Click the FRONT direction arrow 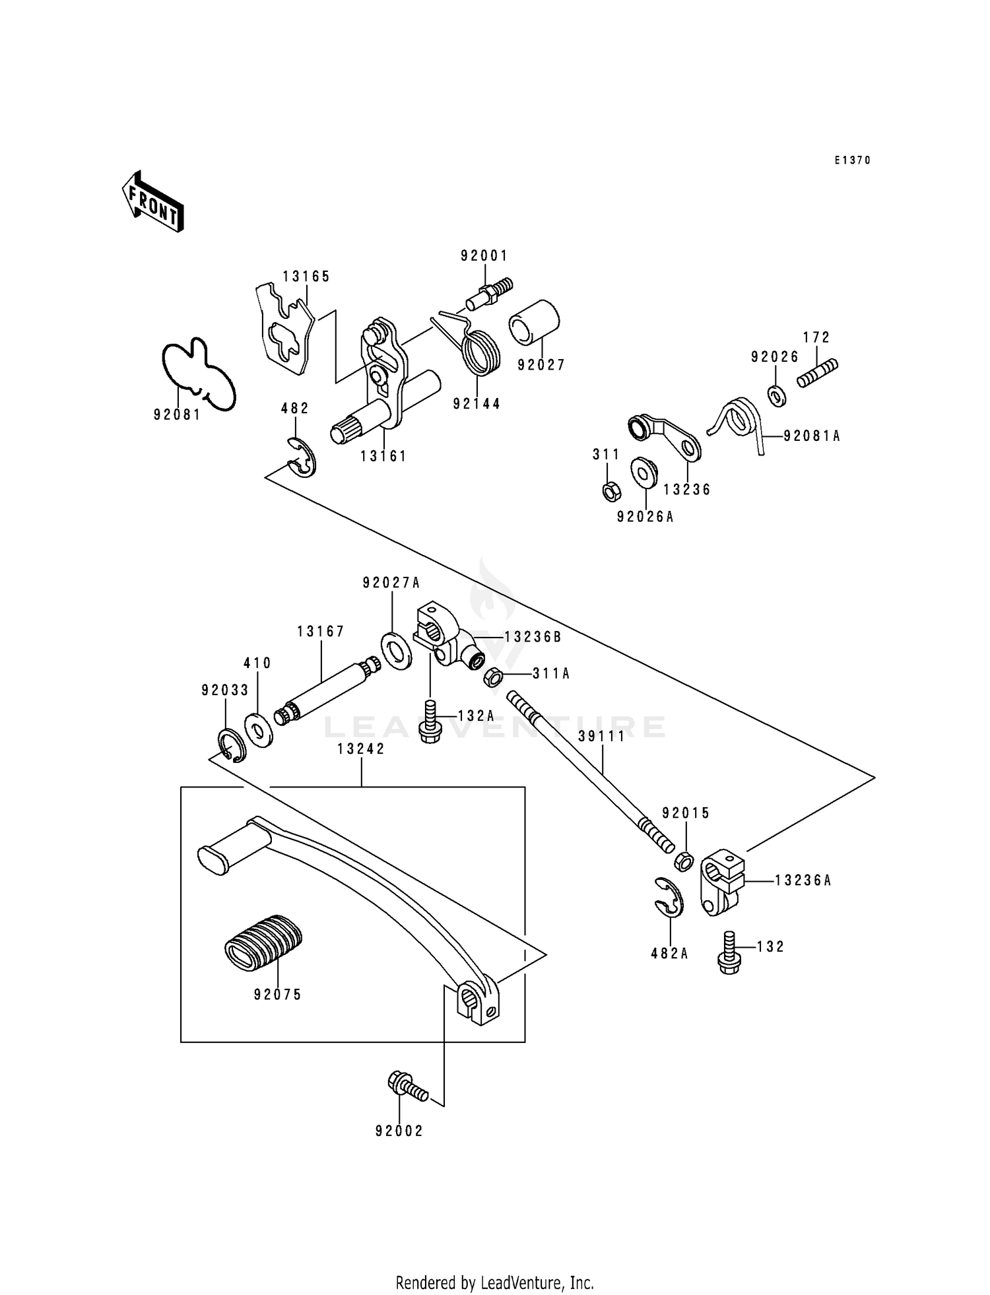pyautogui.click(x=152, y=201)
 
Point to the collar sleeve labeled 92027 pyautogui.click(x=534, y=322)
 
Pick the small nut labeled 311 pyautogui.click(x=611, y=491)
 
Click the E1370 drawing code pyautogui.click(x=852, y=160)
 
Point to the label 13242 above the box pyautogui.click(x=361, y=748)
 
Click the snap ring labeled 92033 pyautogui.click(x=232, y=746)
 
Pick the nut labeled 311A pyautogui.click(x=493, y=677)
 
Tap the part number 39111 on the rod pyautogui.click(x=601, y=737)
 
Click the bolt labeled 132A pyautogui.click(x=430, y=723)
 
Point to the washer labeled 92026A pyautogui.click(x=643, y=472)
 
